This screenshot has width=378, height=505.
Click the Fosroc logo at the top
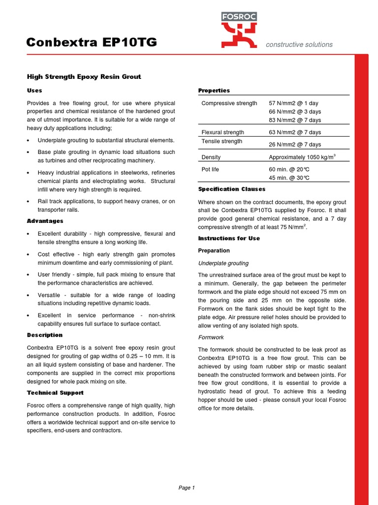click(x=239, y=30)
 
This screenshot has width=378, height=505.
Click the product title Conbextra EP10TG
click(x=92, y=43)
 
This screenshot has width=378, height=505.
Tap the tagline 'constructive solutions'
click(x=299, y=44)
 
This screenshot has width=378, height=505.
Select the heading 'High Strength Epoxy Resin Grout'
click(x=84, y=76)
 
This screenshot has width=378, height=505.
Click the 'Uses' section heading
click(x=34, y=90)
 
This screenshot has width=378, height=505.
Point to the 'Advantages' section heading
click(x=45, y=221)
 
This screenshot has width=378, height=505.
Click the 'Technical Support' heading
click(x=55, y=393)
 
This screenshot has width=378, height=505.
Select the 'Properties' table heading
click(x=214, y=90)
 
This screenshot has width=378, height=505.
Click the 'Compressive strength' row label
click(x=229, y=103)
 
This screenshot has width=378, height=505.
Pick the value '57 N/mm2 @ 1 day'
click(x=294, y=103)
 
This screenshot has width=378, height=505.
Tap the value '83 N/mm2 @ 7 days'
click(x=295, y=120)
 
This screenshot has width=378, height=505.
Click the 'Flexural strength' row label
click(x=222, y=132)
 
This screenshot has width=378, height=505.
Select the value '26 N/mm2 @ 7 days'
click(x=295, y=144)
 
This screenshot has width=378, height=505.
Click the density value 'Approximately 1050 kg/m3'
click(x=302, y=157)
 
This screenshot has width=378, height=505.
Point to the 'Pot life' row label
click(x=210, y=169)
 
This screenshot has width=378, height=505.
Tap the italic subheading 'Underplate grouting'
click(x=223, y=263)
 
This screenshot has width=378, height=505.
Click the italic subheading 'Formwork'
click(x=211, y=337)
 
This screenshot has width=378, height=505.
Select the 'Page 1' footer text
click(x=187, y=488)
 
